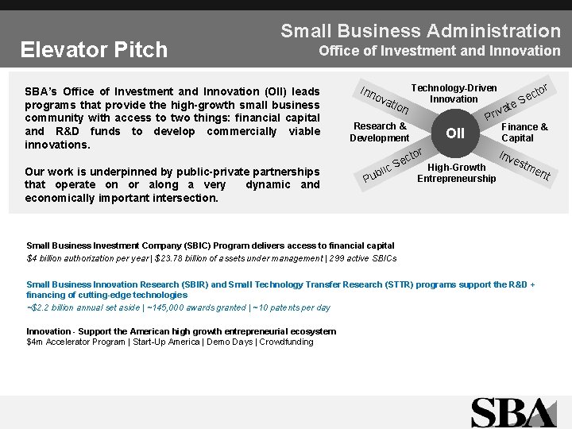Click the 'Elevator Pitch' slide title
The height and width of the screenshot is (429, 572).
tap(94, 50)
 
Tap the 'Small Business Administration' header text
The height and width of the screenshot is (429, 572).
tap(420, 31)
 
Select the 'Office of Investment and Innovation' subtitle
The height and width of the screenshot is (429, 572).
tap(439, 51)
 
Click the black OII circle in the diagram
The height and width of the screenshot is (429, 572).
tap(455, 133)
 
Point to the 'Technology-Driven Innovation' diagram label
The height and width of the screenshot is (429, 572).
tap(454, 94)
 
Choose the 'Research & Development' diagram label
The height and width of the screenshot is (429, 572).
tap(379, 132)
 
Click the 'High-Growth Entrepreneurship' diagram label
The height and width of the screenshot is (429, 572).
tap(456, 172)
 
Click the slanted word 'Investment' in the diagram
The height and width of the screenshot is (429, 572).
tap(524, 162)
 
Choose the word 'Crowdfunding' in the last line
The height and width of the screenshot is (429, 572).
tap(286, 342)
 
